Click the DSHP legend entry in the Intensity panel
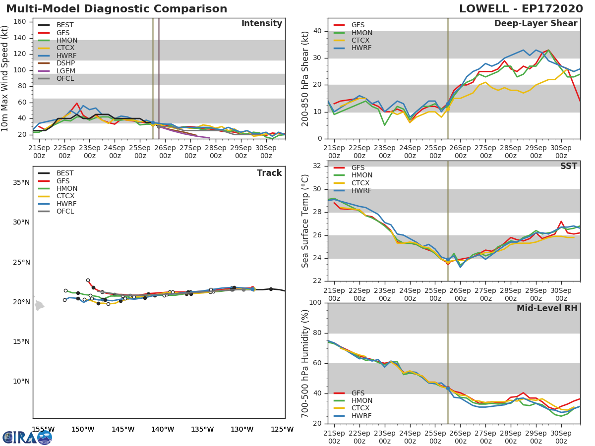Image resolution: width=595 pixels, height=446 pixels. click(x=57, y=63)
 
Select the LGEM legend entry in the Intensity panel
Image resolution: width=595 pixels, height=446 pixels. click(x=57, y=71)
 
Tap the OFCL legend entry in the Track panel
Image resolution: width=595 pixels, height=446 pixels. click(x=56, y=211)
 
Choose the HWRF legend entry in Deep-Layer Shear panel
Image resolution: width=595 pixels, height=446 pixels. click(x=352, y=48)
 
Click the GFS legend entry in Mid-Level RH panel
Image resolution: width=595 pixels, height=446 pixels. click(x=349, y=393)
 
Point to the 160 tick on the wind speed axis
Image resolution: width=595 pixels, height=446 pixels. click(x=19, y=22)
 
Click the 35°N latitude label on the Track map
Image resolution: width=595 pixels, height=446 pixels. click(x=21, y=182)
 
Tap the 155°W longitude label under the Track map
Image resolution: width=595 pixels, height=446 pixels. click(x=43, y=429)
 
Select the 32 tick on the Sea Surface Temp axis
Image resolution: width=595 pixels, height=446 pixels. click(x=317, y=166)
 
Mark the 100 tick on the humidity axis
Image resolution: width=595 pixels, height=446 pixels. click(x=315, y=303)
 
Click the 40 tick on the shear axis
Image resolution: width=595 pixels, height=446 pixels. click(x=317, y=31)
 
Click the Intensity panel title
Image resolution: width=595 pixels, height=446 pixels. click(x=262, y=24)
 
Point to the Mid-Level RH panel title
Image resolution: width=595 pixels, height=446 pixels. click(x=547, y=308)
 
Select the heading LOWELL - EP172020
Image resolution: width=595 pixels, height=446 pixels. click(x=521, y=8)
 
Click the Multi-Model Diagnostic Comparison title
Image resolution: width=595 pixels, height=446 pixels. click(x=117, y=8)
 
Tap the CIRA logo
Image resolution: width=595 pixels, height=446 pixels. click(x=27, y=438)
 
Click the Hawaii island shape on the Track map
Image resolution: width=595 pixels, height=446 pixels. click(x=39, y=305)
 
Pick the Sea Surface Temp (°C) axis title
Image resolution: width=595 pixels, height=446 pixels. click(x=305, y=221)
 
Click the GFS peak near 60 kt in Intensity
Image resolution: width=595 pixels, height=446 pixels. click(x=77, y=103)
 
